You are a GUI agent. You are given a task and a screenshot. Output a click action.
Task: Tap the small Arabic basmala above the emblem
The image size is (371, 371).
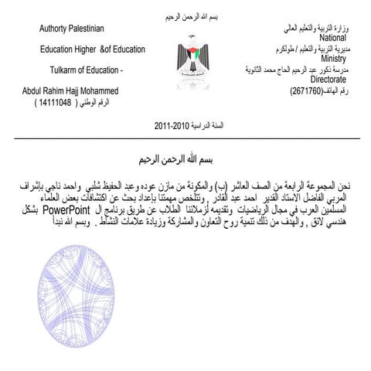click(189, 16)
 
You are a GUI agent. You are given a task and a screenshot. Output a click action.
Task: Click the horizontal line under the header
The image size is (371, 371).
click(185, 138)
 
